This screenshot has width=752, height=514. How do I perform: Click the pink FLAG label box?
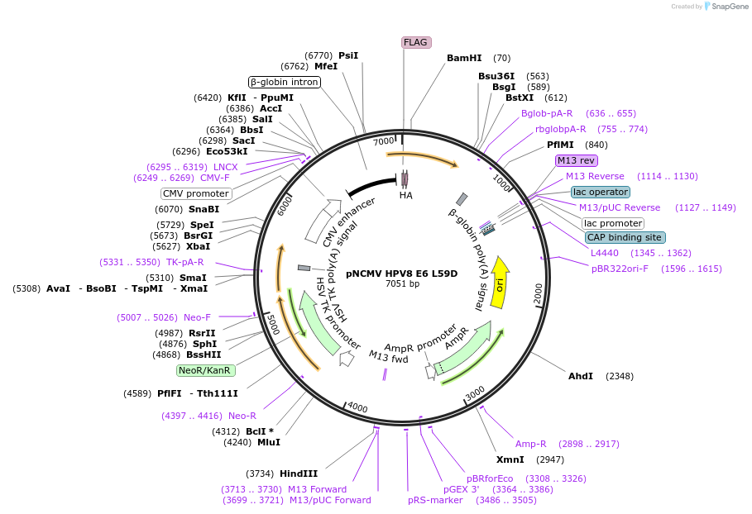pos(416,42)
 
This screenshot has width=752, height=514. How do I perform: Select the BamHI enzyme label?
pos(463,58)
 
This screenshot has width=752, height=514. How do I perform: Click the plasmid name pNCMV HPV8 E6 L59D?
pos(401,273)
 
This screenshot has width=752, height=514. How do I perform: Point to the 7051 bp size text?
pos(402,284)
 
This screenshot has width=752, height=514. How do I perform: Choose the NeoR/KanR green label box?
pos(205,370)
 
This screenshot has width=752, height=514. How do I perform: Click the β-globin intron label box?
pos(285,82)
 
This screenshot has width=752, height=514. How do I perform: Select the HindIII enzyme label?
pos(299,474)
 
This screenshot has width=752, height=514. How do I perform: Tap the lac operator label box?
pos(600,192)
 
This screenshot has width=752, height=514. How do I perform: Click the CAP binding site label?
pos(625,237)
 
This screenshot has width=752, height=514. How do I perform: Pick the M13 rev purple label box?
pos(576,161)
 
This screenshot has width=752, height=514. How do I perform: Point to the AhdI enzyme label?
pos(580,376)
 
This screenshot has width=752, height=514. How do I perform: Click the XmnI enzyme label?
pos(510,459)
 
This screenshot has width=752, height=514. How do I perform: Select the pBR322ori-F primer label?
pos(620,269)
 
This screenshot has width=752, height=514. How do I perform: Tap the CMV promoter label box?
pos(196,193)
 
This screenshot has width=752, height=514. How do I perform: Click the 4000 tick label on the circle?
pos(357,407)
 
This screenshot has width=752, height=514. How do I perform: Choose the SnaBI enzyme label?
pos(204,209)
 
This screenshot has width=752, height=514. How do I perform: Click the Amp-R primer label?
pos(531,444)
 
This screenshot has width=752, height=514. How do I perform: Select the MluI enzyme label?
pos(268,442)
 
